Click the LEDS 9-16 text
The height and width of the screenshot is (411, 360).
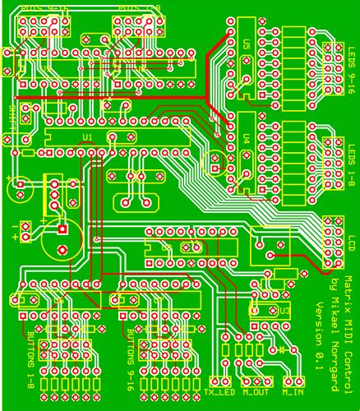(352, 69)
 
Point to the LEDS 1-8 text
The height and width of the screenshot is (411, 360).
(352, 164)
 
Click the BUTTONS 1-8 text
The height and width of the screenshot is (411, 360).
(31, 362)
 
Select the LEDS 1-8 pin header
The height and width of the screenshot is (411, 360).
(334, 164)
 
